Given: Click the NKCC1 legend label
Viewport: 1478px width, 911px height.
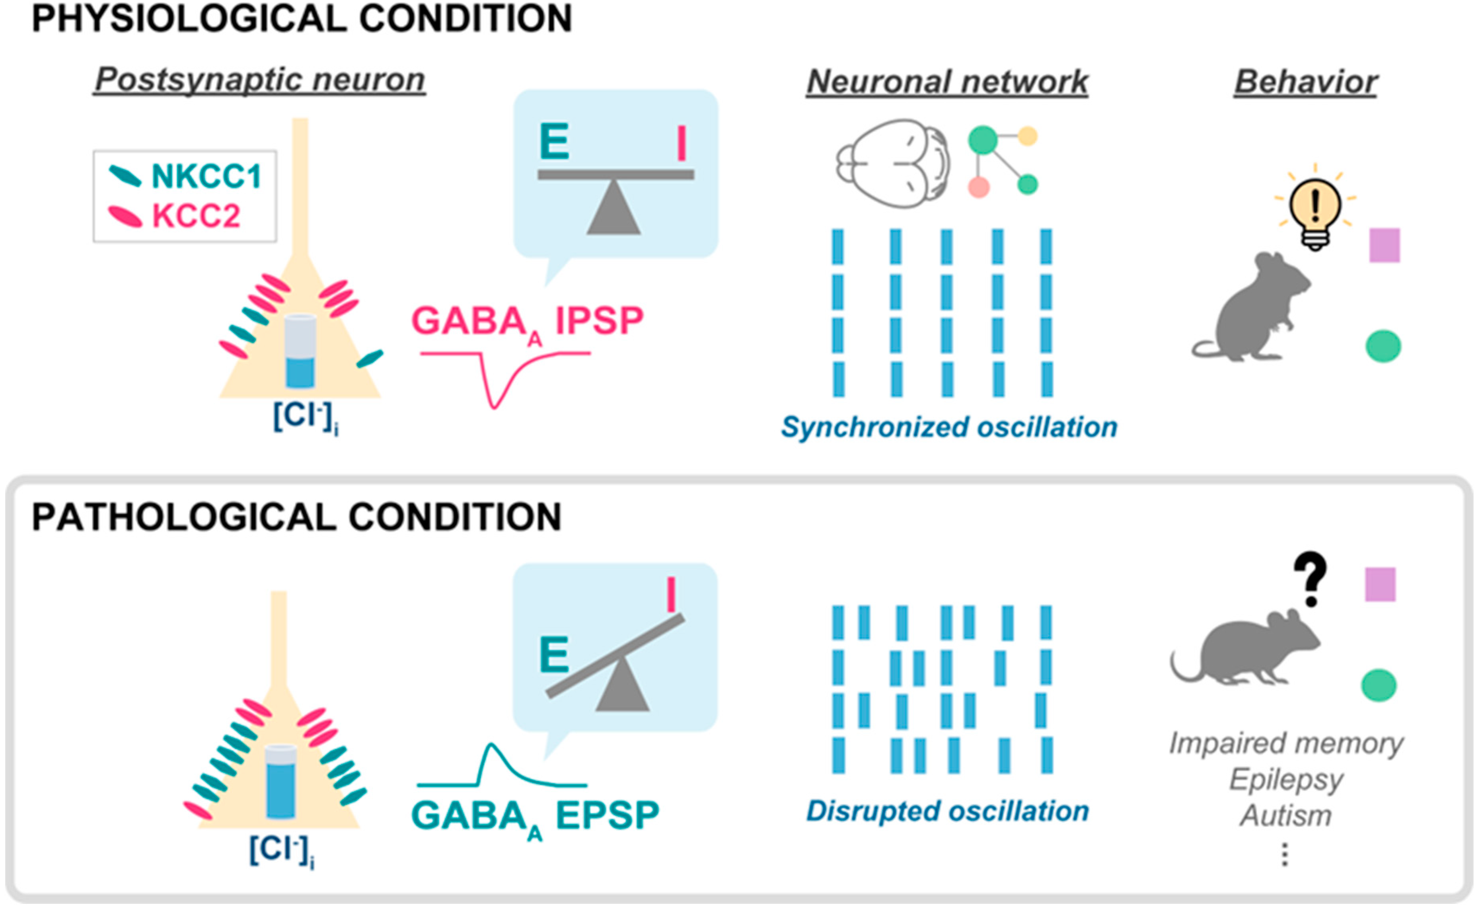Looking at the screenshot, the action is (206, 177).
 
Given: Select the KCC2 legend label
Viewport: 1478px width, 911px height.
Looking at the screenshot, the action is (197, 215).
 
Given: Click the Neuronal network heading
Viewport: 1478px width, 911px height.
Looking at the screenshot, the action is (947, 81).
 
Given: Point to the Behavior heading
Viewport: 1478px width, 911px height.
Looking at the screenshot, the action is (1306, 81).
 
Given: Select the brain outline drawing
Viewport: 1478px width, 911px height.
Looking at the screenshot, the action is (893, 163).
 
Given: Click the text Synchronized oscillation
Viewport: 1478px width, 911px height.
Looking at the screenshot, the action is (949, 427).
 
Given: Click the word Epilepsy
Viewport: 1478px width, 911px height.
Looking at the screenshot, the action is (1287, 780).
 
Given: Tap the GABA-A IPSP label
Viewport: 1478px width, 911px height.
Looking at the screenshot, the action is (528, 322).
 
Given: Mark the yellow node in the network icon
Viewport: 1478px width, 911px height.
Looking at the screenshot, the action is (1028, 136).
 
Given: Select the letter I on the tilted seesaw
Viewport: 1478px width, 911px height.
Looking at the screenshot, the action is (671, 595).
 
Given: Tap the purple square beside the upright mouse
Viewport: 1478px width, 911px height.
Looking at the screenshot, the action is (1385, 245).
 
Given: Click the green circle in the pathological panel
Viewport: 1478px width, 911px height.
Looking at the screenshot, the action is (1379, 686).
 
